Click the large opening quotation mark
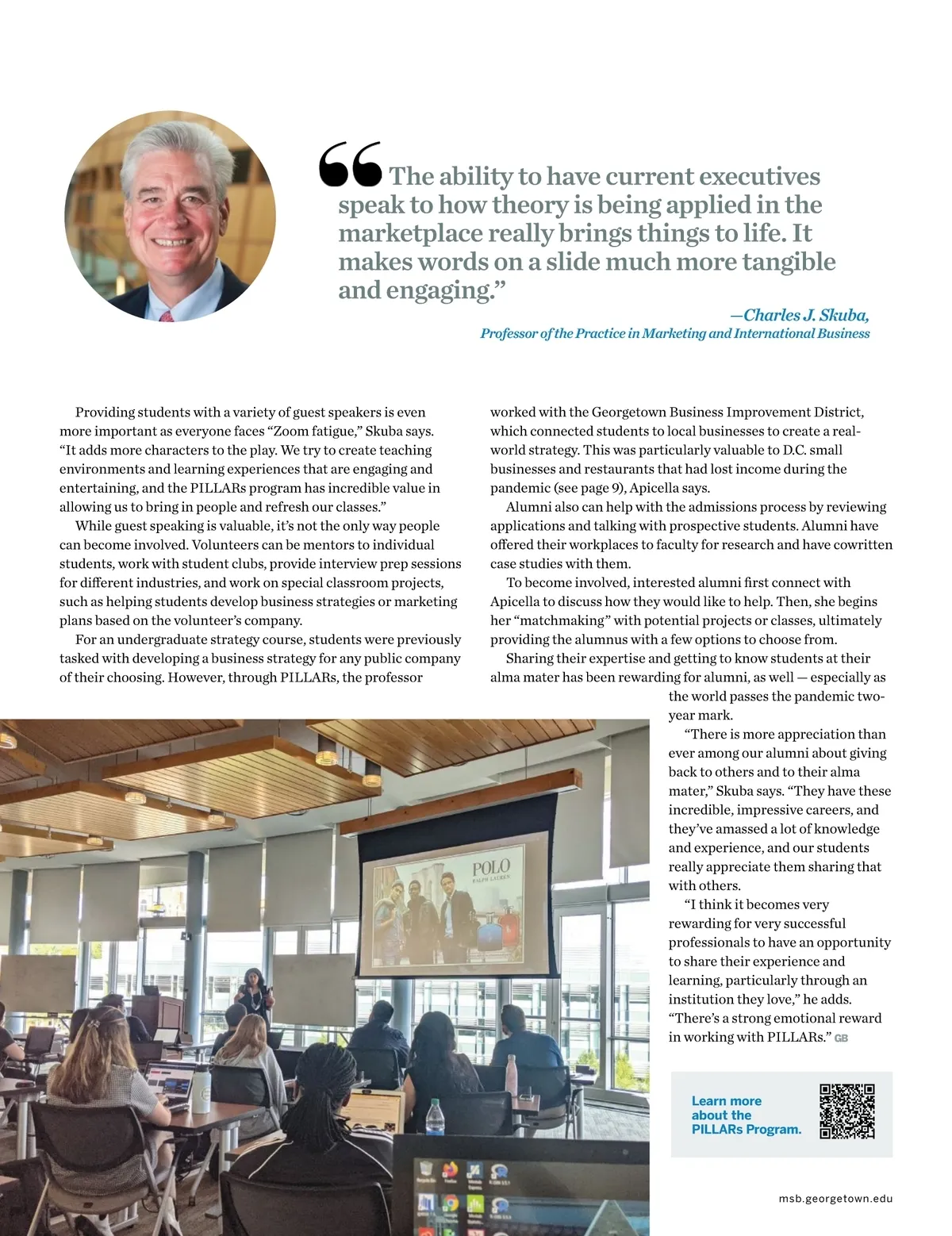(x=349, y=164)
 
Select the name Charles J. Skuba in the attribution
(x=806, y=315)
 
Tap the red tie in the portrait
(x=167, y=316)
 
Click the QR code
(x=846, y=1111)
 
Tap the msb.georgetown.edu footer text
(x=835, y=1199)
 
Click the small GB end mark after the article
(x=841, y=1038)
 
